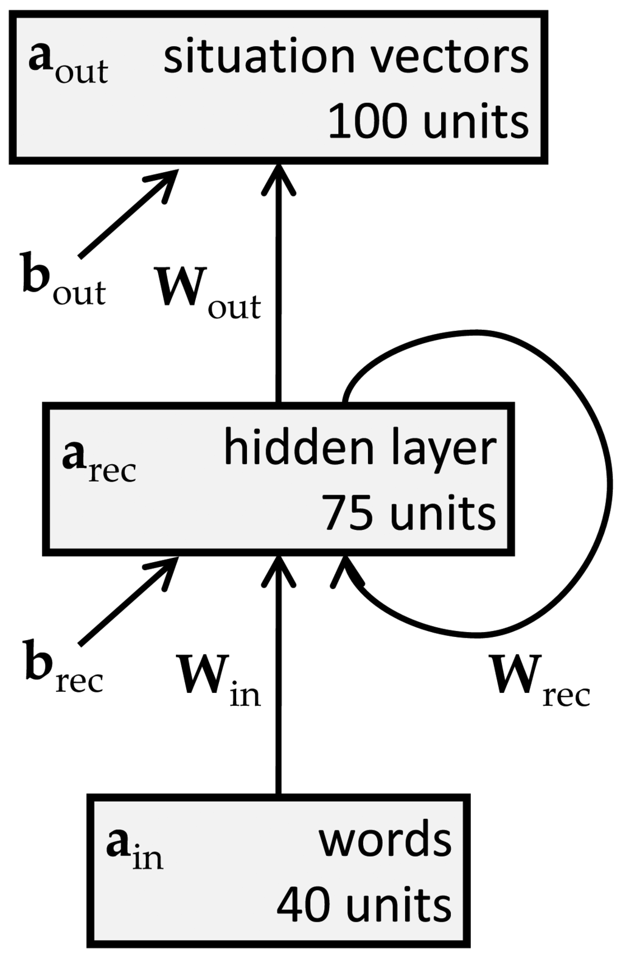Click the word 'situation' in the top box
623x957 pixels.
pyautogui.click(x=259, y=58)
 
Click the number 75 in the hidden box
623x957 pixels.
pyautogui.click(x=347, y=513)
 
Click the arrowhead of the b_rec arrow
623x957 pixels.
pyautogui.click(x=168, y=566)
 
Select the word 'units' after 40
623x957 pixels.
pyautogui.click(x=399, y=903)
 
